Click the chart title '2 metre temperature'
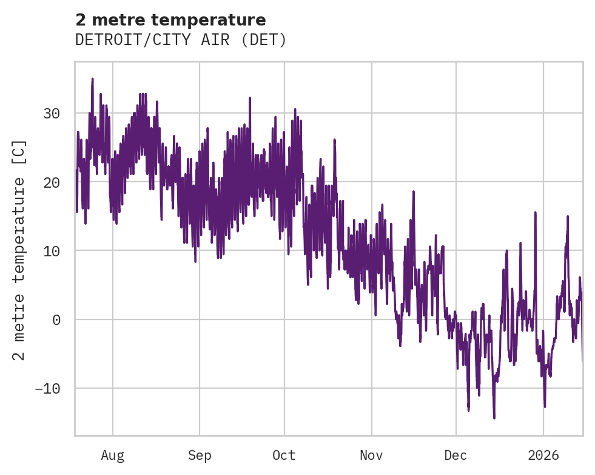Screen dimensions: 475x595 (170, 20)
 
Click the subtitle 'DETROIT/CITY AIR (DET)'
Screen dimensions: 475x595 (181, 40)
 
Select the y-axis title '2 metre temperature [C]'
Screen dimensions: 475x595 (19, 250)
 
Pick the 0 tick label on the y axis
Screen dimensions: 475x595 (56, 320)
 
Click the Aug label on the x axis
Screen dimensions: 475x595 (112, 455)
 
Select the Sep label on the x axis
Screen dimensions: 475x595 (199, 455)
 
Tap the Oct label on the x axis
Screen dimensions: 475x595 (284, 455)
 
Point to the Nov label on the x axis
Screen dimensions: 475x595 (371, 455)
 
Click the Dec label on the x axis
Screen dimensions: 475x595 (455, 455)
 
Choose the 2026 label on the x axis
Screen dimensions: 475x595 (543, 455)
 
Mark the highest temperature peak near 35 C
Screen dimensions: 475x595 (92, 79)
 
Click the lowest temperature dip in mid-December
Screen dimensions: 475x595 (494, 417)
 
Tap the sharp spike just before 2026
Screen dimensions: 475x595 (536, 213)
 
